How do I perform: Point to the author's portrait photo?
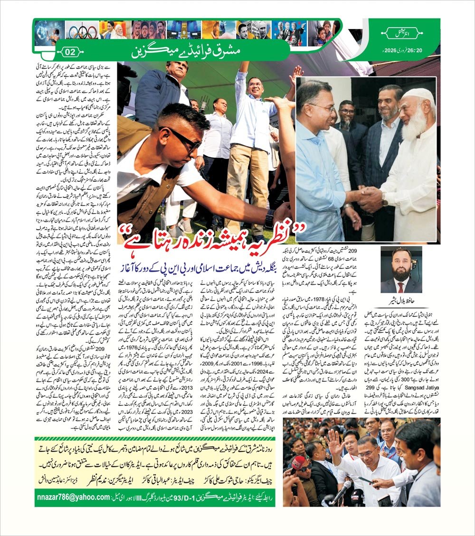(x=401, y=270)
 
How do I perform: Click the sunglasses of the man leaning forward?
(x=186, y=140)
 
